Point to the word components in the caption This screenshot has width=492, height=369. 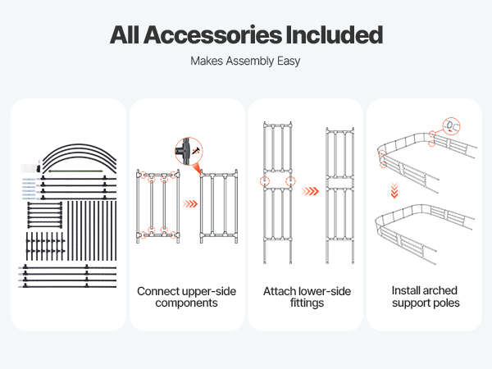tap(187, 303)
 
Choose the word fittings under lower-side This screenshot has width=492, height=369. tap(305, 303)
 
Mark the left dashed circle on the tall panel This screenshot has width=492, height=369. tap(264, 182)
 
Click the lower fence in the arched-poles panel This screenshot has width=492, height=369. tap(423, 238)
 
